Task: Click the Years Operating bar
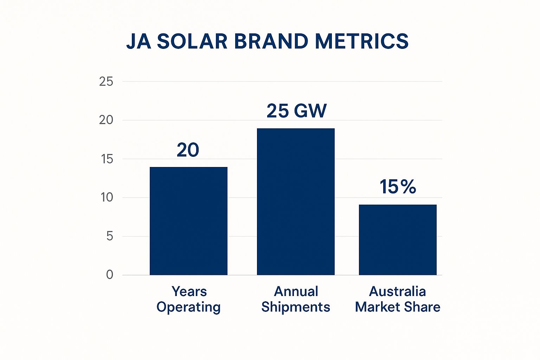pyautogui.click(x=188, y=221)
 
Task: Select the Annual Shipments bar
pyautogui.click(x=296, y=201)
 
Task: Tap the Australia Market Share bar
pyautogui.click(x=398, y=239)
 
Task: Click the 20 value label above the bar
pyautogui.click(x=188, y=150)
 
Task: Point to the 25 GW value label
pyautogui.click(x=296, y=111)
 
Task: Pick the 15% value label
pyautogui.click(x=398, y=187)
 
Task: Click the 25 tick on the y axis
pyautogui.click(x=106, y=82)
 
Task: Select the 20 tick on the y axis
pyautogui.click(x=106, y=120)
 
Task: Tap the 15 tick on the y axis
pyautogui.click(x=107, y=159)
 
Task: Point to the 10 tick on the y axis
pyautogui.click(x=107, y=198)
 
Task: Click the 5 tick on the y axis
pyautogui.click(x=110, y=236)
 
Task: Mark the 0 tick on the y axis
pyautogui.click(x=110, y=275)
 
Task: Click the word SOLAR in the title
pyautogui.click(x=192, y=41)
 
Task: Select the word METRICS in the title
pyautogui.click(x=361, y=41)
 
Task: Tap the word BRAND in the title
pyautogui.click(x=271, y=41)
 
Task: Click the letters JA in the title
pyautogui.click(x=139, y=41)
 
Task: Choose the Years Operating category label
pyautogui.click(x=189, y=299)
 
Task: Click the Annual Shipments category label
pyautogui.click(x=296, y=299)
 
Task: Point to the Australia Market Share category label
pyautogui.click(x=398, y=299)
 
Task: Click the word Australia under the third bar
pyautogui.click(x=398, y=291)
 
